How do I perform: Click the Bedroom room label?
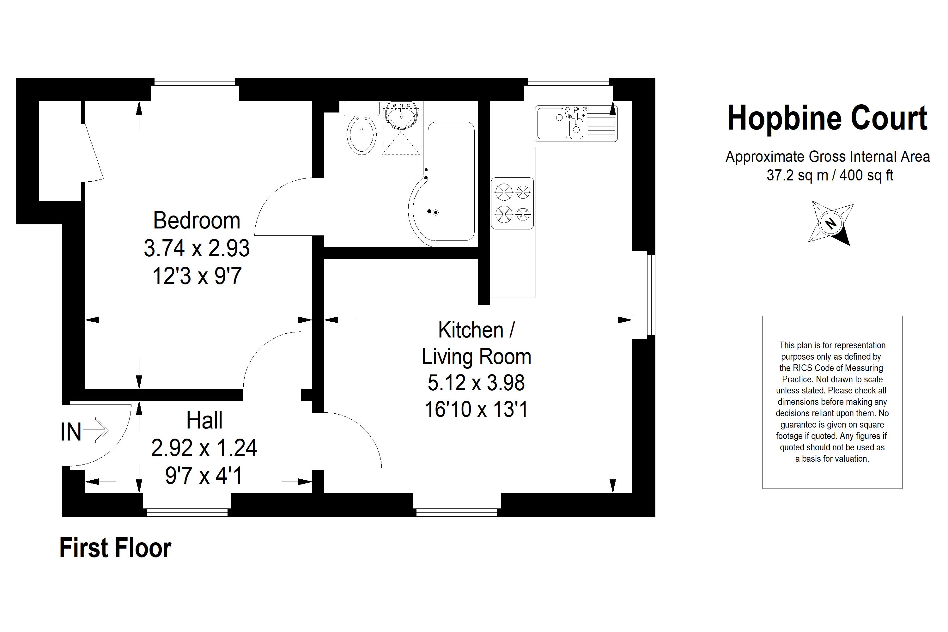tap(197, 221)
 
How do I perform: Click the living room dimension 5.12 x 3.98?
tap(476, 382)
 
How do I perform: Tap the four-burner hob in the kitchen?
tap(512, 203)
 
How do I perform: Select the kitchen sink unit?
tap(576, 123)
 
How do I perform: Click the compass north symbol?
tap(830, 223)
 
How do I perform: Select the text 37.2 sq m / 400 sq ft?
tap(829, 175)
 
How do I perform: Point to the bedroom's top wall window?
tap(195, 89)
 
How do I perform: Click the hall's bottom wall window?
tap(187, 505)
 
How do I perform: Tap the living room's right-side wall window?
tap(644, 295)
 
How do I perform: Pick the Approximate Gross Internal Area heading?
tap(828, 157)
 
